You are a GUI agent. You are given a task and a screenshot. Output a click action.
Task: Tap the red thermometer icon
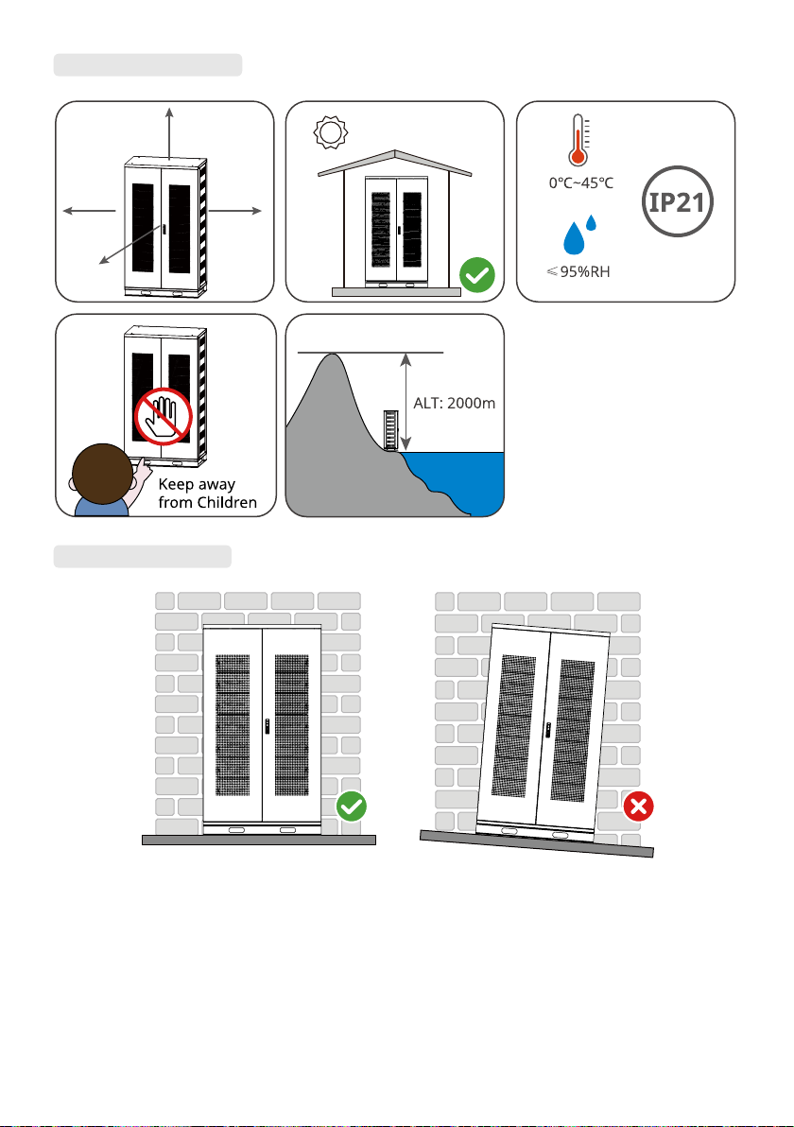(578, 140)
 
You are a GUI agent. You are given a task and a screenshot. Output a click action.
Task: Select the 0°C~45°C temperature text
(581, 183)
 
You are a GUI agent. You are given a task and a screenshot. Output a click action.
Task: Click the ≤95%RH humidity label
(578, 271)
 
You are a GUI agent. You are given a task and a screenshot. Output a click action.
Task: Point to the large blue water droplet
(574, 238)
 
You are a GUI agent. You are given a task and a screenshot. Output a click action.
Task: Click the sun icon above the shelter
(331, 132)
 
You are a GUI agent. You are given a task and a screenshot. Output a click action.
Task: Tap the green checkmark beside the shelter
(477, 274)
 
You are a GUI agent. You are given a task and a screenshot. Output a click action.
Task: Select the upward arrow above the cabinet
(169, 133)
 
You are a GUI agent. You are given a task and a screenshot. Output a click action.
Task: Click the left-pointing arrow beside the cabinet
(89, 211)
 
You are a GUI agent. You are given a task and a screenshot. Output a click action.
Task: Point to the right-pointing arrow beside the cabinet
(235, 211)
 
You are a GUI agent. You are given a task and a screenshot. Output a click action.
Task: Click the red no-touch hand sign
(164, 416)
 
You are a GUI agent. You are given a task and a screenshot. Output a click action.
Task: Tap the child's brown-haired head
(102, 474)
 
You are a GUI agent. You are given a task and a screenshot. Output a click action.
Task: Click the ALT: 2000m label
(454, 403)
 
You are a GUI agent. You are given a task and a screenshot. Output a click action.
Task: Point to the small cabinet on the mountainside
(390, 430)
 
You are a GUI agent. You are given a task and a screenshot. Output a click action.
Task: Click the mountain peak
(331, 355)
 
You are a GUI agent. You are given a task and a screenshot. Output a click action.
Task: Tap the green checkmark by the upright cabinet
(352, 806)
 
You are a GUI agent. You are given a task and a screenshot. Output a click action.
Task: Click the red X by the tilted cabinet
(638, 806)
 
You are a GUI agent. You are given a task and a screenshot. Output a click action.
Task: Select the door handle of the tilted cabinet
(547, 730)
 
